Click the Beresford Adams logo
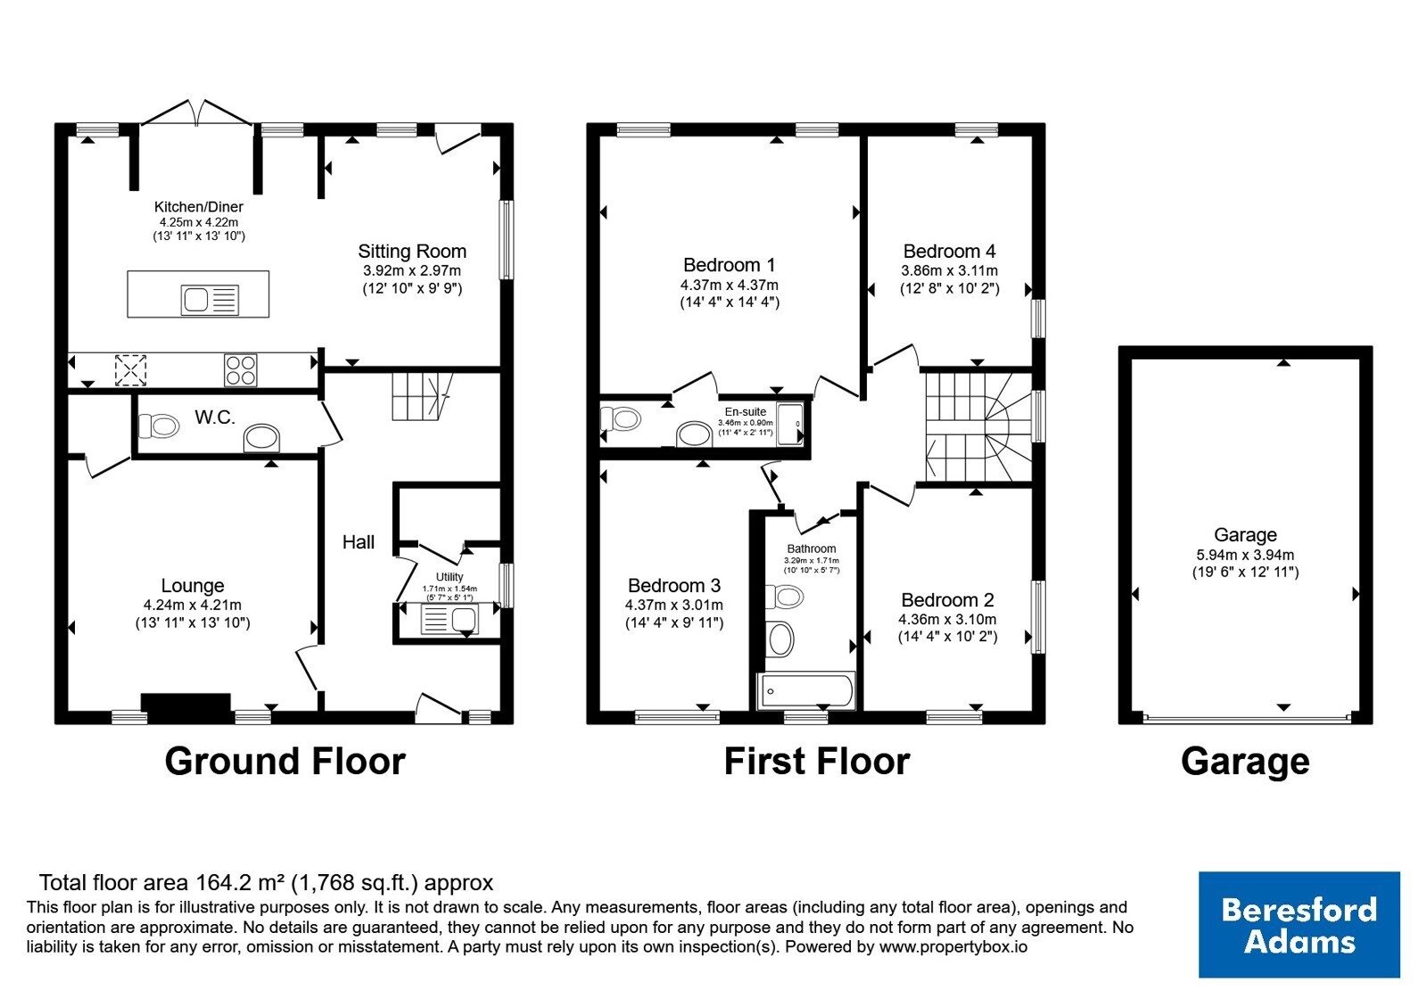coord(1299,924)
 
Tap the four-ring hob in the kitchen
coord(240,369)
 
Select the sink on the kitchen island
coord(210,300)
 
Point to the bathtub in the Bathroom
coord(806,690)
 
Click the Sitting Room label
coord(412,251)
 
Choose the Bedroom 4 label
coord(949,251)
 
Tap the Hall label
coord(358,542)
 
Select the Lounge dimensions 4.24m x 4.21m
coord(193,605)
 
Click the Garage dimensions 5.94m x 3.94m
coord(1245,554)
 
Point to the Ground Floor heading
coord(285,762)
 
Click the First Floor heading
coord(817,762)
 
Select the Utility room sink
coord(450,619)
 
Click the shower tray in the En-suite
coord(790,424)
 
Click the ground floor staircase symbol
coord(422,396)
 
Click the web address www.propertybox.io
coord(953,946)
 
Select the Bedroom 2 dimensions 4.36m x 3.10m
coord(947,619)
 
